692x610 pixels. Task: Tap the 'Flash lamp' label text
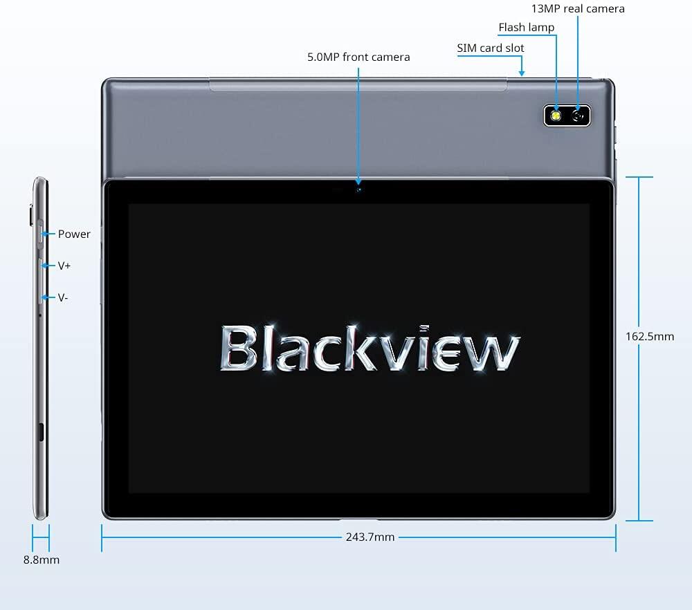527,28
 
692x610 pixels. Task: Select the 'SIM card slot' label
491,48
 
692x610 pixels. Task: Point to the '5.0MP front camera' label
358,57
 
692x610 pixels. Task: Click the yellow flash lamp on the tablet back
555,115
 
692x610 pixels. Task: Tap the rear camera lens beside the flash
579,115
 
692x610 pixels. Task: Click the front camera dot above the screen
358,188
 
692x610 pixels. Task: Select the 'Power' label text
74,234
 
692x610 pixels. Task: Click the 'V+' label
64,266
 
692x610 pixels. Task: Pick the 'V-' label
63,297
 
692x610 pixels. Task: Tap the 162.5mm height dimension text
649,337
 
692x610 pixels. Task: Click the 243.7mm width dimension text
370,537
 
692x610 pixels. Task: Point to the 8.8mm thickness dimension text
42,560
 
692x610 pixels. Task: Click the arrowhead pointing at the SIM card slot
522,71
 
